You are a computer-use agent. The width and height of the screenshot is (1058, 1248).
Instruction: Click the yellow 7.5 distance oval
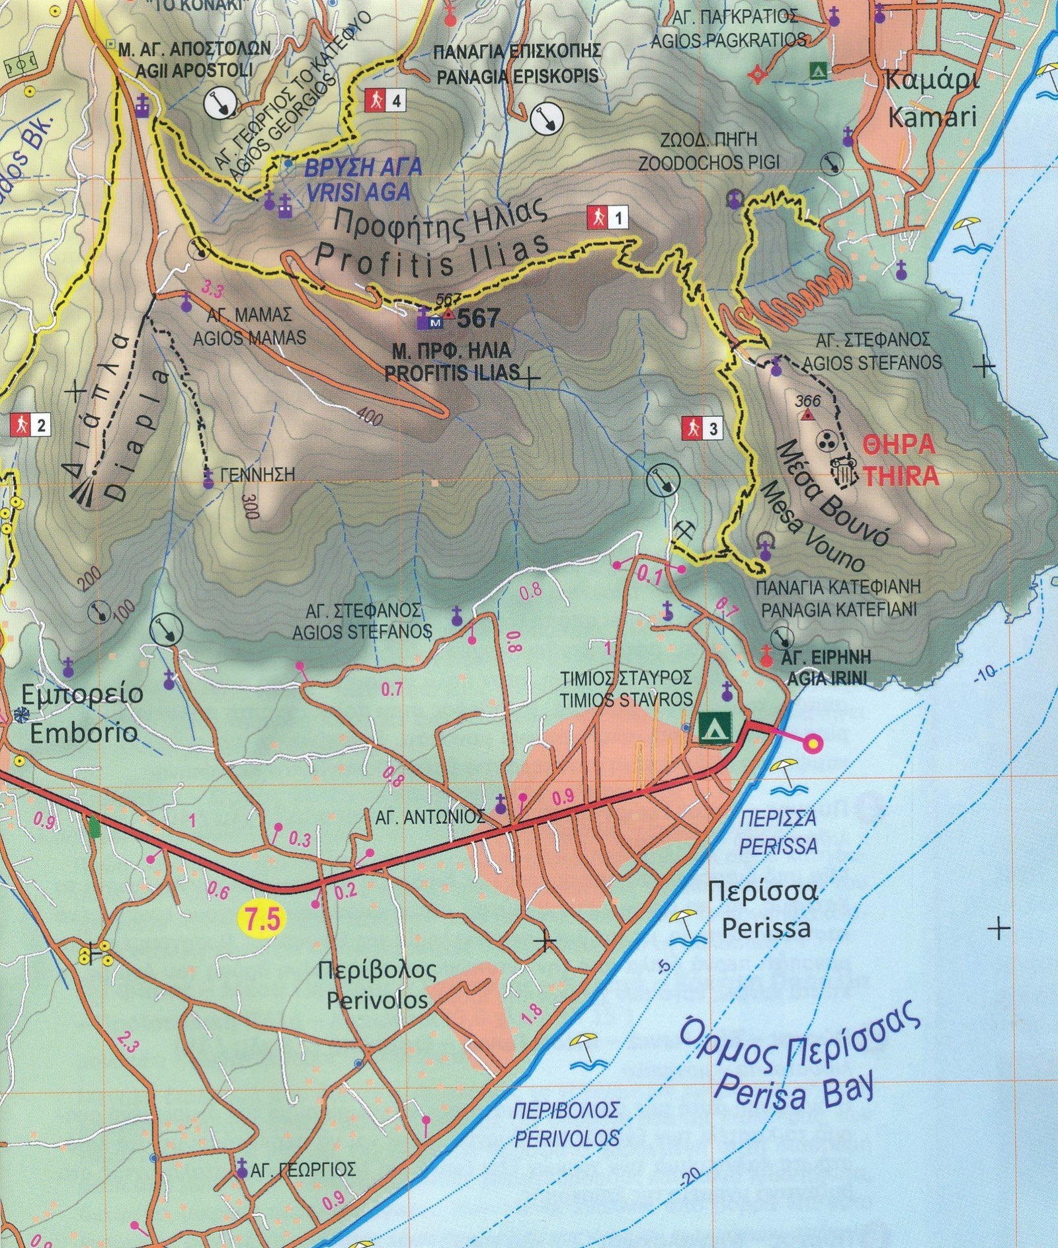[x=262, y=920]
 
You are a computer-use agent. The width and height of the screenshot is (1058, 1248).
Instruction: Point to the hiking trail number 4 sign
[x=385, y=101]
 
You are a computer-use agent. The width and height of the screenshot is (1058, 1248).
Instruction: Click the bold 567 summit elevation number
[x=478, y=318]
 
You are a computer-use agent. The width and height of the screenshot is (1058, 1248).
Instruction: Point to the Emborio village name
[x=83, y=733]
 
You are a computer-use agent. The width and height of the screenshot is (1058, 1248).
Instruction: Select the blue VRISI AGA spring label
[x=357, y=192]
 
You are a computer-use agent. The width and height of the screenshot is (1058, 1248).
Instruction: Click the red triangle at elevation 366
[x=807, y=415]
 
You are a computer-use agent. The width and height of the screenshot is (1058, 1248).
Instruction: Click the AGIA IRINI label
[x=827, y=678]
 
